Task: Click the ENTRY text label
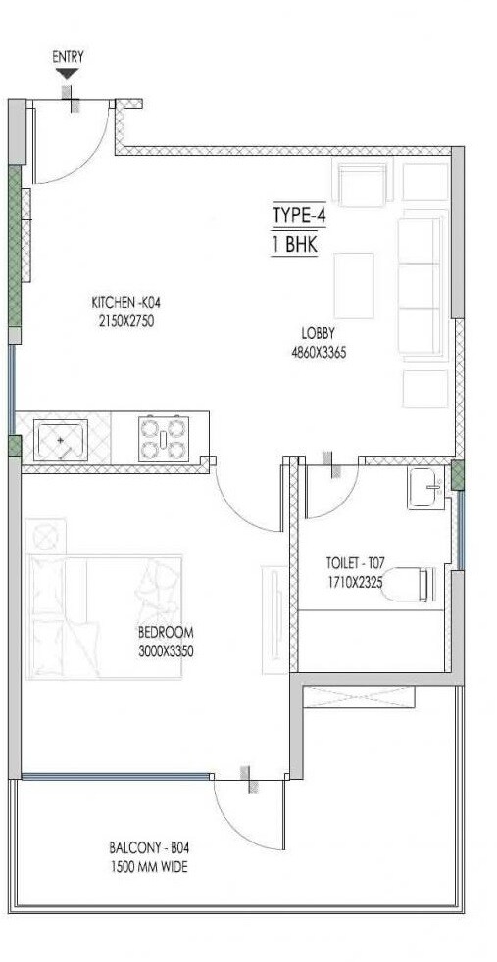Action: tap(68, 57)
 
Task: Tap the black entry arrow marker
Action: tap(68, 73)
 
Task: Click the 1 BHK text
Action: tap(295, 245)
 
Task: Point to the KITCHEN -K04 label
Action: tap(124, 302)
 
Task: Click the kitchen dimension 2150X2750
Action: tap(124, 319)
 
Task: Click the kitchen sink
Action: tap(61, 439)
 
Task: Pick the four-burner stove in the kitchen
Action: tap(162, 438)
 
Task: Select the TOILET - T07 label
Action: tap(356, 563)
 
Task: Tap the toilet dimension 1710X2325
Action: tap(356, 580)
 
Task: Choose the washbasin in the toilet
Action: tap(425, 488)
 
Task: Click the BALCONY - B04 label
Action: tap(152, 848)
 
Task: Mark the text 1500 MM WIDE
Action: tap(152, 867)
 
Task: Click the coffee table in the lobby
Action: tap(354, 284)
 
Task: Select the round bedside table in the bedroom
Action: tap(46, 535)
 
